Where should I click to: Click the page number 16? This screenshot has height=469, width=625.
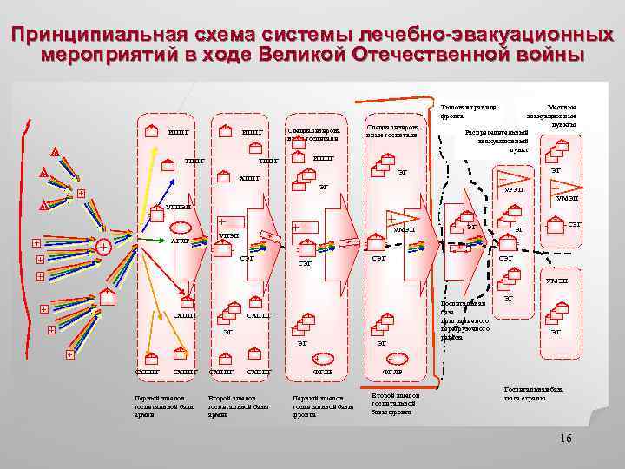pyautogui.click(x=565, y=438)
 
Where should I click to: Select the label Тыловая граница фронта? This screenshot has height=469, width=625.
pyautogui.click(x=468, y=111)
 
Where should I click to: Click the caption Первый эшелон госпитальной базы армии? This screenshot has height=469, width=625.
pyautogui.click(x=152, y=406)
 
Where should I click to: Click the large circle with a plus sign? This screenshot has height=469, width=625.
pyautogui.click(x=103, y=247)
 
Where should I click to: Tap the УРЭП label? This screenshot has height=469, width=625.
pyautogui.click(x=514, y=191)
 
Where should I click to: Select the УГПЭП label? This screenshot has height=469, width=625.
pyautogui.click(x=178, y=208)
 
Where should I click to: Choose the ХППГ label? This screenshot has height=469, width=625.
pyautogui.click(x=249, y=178)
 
